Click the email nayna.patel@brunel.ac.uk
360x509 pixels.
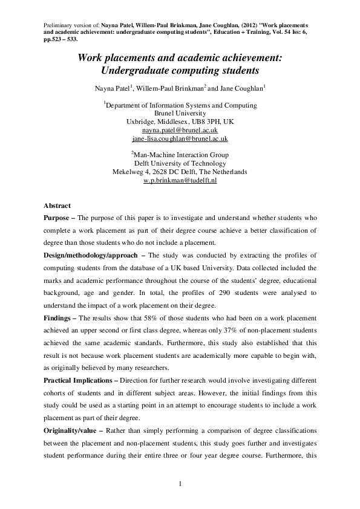coord(180,130)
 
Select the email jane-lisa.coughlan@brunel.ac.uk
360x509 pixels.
coord(180,138)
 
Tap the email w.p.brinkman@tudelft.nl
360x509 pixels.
coord(180,180)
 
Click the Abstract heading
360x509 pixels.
coord(57,206)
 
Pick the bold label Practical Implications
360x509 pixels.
coord(80,368)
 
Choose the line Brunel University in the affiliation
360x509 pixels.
coord(180,113)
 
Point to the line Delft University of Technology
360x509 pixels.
coord(180,163)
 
